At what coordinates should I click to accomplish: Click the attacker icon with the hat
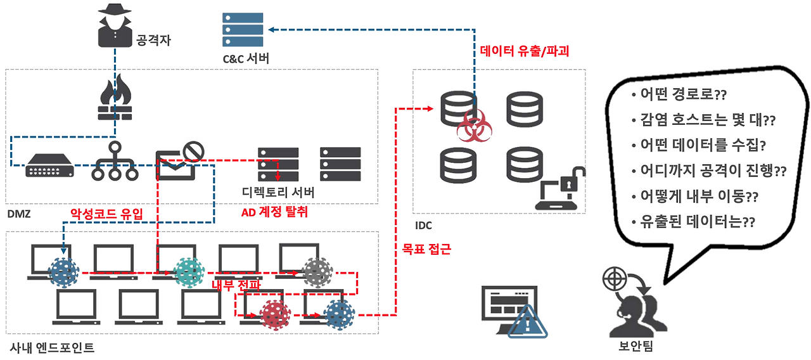(115, 25)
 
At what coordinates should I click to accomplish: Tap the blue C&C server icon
(243, 30)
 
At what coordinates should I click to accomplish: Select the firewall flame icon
(115, 97)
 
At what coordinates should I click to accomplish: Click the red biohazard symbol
(475, 125)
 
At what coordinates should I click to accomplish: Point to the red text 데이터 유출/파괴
(524, 51)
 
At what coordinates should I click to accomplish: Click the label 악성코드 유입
(106, 214)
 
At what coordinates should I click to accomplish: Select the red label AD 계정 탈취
(274, 212)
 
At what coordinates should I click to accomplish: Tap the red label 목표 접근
(426, 249)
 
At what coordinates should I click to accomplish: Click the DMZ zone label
(19, 214)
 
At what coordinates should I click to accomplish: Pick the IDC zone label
(423, 226)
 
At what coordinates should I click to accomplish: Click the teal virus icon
(189, 273)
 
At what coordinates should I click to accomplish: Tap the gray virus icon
(317, 273)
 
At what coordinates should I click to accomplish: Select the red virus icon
(275, 315)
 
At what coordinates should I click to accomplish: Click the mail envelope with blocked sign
(180, 161)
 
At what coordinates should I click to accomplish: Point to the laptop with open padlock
(559, 188)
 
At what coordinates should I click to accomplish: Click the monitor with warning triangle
(514, 311)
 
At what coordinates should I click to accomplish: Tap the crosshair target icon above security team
(615, 278)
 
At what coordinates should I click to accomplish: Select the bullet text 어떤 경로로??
(679, 94)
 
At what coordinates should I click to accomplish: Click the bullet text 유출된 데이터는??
(693, 222)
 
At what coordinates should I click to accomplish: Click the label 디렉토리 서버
(278, 192)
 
